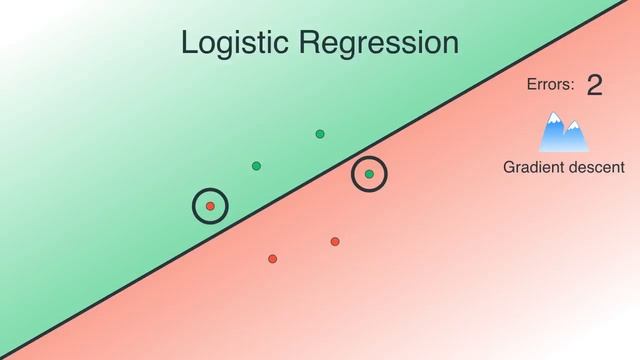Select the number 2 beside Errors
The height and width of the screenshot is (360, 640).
pyautogui.click(x=595, y=86)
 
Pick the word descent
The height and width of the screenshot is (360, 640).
pyautogui.click(x=596, y=167)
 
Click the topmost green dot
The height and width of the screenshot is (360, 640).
pyautogui.click(x=320, y=134)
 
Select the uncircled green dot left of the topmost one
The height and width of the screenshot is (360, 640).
pyautogui.click(x=256, y=165)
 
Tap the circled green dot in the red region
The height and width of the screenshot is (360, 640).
pyautogui.click(x=369, y=174)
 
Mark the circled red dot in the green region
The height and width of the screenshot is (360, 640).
pyautogui.click(x=210, y=206)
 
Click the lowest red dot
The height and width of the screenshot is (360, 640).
pyautogui.click(x=272, y=259)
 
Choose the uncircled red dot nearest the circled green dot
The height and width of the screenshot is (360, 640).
pyautogui.click(x=335, y=241)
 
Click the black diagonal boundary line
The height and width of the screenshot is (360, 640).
pyautogui.click(x=450, y=113)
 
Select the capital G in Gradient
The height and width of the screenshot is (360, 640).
pyautogui.click(x=509, y=167)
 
